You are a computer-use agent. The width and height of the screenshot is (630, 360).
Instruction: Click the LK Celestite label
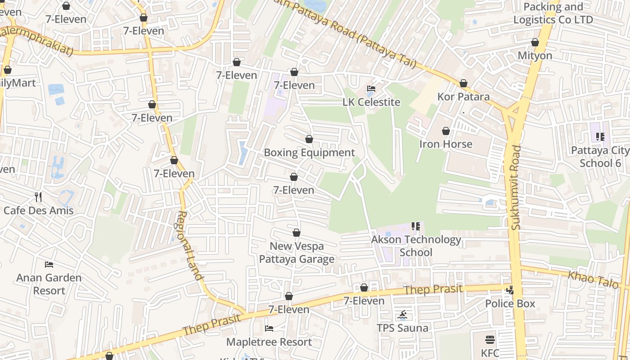(371, 102)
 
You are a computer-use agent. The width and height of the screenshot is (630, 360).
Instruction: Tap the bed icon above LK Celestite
(371, 88)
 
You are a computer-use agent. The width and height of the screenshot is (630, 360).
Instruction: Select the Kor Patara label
(463, 97)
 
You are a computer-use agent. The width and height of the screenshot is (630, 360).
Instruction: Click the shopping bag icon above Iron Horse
(446, 131)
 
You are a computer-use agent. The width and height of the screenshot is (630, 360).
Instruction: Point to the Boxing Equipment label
(309, 153)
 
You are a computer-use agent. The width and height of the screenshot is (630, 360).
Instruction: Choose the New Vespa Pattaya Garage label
(297, 252)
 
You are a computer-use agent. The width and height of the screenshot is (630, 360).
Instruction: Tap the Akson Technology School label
(416, 246)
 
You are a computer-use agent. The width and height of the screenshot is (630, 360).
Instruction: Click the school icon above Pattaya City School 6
(600, 136)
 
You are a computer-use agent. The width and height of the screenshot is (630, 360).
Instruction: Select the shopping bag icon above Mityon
(535, 42)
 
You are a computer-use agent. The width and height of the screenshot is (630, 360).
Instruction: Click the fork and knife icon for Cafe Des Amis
(38, 197)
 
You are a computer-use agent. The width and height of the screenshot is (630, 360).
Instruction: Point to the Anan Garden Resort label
(49, 284)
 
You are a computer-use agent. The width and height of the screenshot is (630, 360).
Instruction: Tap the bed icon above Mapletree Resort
(269, 328)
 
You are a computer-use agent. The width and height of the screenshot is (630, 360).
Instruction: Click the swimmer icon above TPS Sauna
(402, 315)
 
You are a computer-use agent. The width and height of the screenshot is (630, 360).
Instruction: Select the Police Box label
(510, 304)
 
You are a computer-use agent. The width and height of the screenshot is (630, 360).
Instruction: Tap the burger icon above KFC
(490, 340)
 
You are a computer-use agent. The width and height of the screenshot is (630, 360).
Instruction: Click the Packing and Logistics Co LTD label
(553, 13)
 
